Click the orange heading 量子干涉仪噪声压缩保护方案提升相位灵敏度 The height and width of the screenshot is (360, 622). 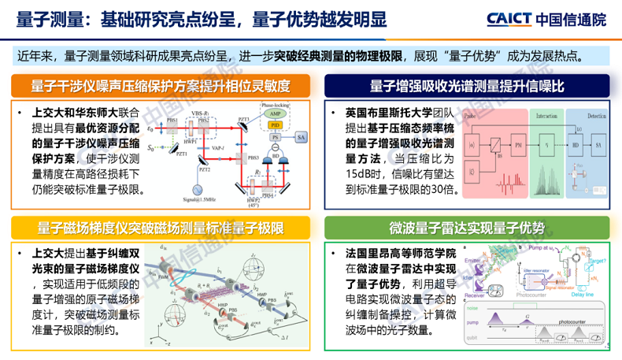tap(161, 84)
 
